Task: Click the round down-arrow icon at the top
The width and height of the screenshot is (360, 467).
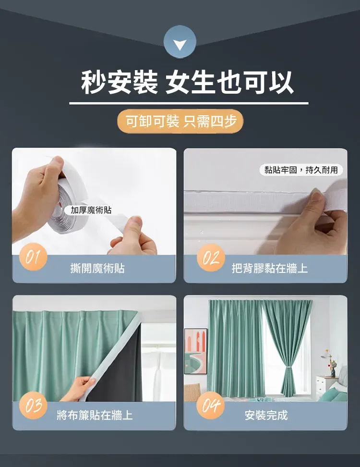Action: pos(180,42)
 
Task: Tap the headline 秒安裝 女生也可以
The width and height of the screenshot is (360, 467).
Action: pos(187,83)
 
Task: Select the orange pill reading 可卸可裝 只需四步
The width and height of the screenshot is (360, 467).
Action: pos(180,121)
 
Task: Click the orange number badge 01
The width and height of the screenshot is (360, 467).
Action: pos(33,257)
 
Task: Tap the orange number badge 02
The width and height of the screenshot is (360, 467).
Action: pos(211,258)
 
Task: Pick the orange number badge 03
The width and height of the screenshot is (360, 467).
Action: pos(33,406)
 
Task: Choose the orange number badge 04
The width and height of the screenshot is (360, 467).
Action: pos(211,406)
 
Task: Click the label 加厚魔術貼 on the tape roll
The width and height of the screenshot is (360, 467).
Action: pos(91,210)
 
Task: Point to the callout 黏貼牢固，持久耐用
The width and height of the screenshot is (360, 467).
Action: pos(301,170)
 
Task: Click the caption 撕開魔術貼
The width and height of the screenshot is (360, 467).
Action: pos(97,269)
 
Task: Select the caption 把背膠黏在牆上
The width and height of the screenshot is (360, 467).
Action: pos(270,269)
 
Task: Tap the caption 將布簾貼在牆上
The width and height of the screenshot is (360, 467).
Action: pos(95,415)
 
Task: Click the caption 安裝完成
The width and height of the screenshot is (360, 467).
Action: pos(266,415)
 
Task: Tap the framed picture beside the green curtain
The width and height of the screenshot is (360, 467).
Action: pos(195,351)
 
